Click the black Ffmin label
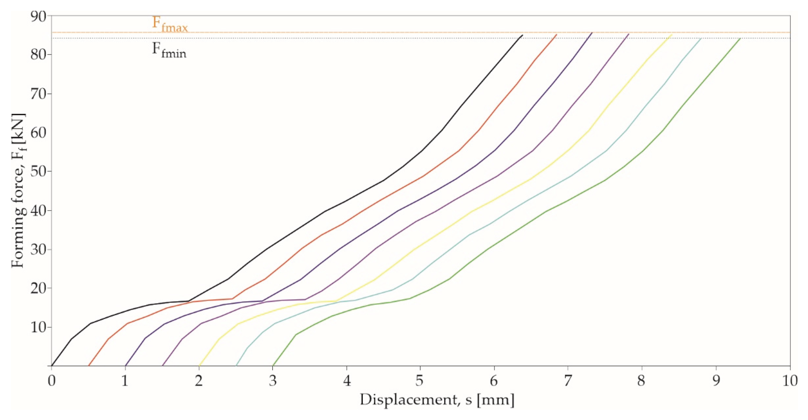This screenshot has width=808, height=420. (x=169, y=51)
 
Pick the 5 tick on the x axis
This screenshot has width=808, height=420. (x=420, y=381)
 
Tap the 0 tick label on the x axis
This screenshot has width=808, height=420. (x=51, y=381)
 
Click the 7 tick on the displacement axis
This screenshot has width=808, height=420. (x=568, y=381)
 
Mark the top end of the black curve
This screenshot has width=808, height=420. (x=522, y=35)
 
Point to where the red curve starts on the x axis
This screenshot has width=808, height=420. (x=89, y=366)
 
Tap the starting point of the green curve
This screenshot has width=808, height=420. (x=273, y=366)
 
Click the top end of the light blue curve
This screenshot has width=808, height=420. (x=701, y=39)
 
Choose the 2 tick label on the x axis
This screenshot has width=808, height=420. (x=199, y=381)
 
